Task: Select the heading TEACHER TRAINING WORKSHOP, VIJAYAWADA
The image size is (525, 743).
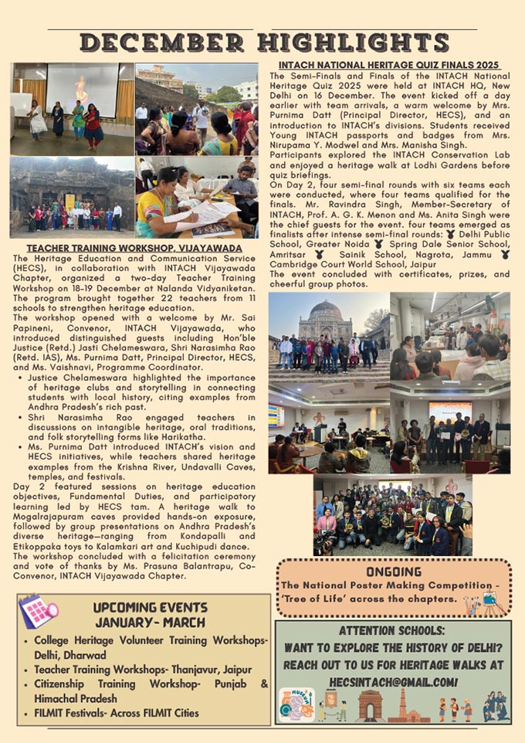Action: point(134,246)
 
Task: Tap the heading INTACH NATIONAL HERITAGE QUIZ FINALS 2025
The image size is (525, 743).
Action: point(389,64)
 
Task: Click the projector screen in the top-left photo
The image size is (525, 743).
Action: point(82,89)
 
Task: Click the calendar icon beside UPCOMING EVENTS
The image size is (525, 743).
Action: point(38,612)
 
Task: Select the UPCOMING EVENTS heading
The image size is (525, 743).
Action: point(150,607)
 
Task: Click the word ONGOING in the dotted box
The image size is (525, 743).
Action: point(394,572)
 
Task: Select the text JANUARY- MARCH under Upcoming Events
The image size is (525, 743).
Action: point(150,622)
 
